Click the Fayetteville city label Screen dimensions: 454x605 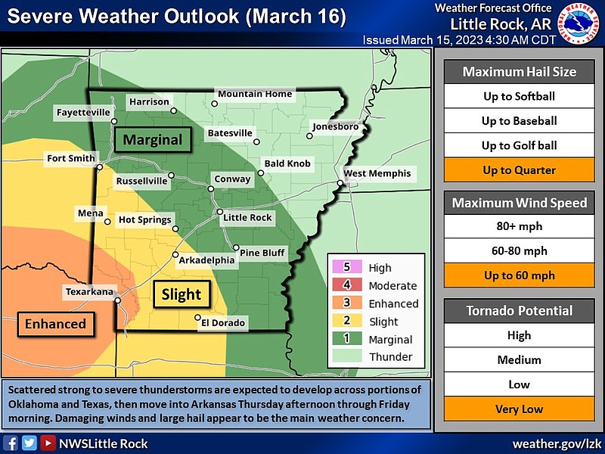(x=84, y=113)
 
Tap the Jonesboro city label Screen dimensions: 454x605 (x=335, y=126)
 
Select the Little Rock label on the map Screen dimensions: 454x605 (x=247, y=217)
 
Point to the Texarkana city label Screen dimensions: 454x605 (x=88, y=291)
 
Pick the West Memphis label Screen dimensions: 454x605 (x=377, y=173)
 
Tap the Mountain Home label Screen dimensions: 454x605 (x=255, y=94)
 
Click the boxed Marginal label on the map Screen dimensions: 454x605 (x=153, y=140)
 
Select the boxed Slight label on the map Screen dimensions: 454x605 (x=181, y=294)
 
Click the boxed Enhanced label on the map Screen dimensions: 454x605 (x=55, y=324)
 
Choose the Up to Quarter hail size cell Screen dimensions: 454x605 (x=519, y=170)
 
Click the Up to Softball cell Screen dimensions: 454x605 (x=519, y=96)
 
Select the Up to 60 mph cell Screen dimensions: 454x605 (x=519, y=275)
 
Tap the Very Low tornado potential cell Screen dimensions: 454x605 (x=519, y=409)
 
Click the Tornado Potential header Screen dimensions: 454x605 (x=519, y=310)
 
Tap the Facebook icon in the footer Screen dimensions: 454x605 (x=11, y=443)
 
